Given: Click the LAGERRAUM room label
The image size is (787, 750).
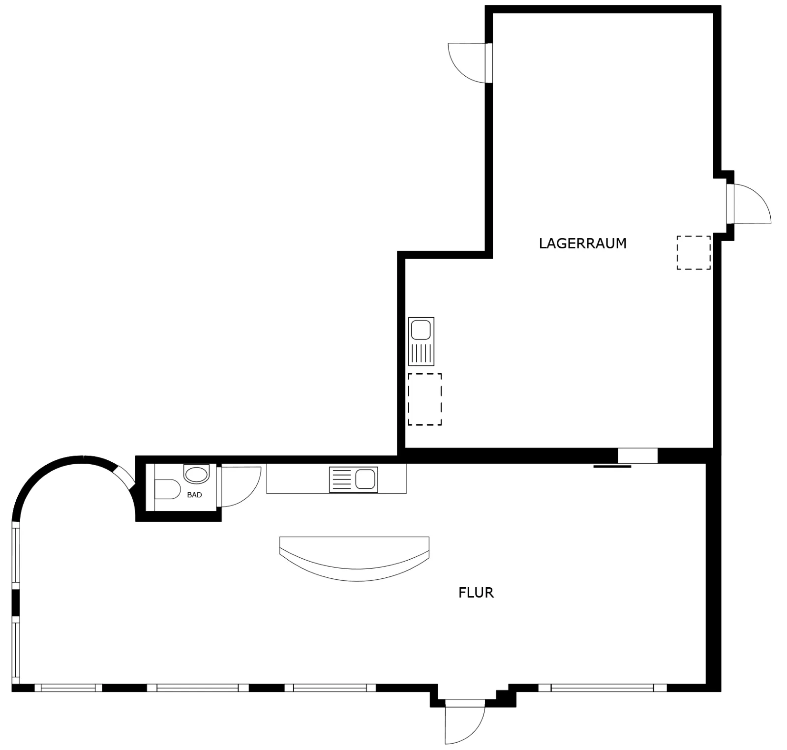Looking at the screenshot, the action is click(582, 243).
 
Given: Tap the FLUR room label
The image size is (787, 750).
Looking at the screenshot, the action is click(476, 593).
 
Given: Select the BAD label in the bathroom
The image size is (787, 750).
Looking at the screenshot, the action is click(194, 495).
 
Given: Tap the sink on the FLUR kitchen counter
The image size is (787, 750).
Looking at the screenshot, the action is click(354, 480).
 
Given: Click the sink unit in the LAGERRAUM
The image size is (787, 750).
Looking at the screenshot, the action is click(422, 341).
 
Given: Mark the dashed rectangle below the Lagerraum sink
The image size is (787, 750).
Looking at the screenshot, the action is click(424, 399).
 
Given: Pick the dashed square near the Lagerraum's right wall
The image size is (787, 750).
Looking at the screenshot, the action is click(694, 253).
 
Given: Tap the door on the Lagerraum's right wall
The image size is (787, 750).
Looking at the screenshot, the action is click(749, 204).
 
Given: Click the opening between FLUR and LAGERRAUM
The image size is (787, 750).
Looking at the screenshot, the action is click(637, 456).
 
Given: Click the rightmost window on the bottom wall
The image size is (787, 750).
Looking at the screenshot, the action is click(603, 688).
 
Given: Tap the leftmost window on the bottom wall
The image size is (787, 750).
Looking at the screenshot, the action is click(68, 688).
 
